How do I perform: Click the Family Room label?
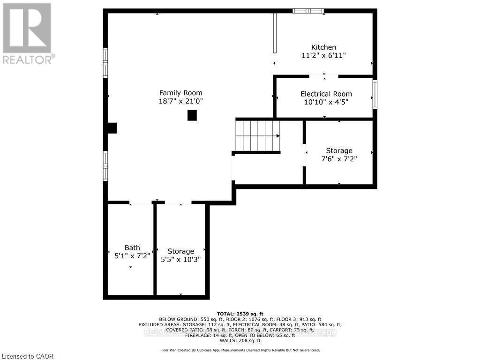[180, 93]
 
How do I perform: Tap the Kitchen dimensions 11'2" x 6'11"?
[324, 55]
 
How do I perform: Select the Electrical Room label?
[326, 94]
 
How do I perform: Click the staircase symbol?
[257, 135]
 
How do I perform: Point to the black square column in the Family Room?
[192, 115]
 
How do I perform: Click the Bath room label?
[132, 247]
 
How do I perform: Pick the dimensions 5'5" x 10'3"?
[181, 259]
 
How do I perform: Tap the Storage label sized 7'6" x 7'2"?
[339, 150]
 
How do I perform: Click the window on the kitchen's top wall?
[308, 11]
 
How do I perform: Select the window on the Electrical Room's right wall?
[375, 94]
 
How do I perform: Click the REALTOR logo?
[27, 33]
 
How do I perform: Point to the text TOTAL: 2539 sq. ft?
[240, 314]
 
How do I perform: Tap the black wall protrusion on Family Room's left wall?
[112, 128]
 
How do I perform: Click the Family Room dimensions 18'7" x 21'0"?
[180, 101]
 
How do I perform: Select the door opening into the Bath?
[141, 202]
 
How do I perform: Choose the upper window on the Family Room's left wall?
[105, 62]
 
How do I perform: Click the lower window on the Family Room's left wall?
[105, 165]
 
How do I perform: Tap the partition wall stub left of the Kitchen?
[275, 34]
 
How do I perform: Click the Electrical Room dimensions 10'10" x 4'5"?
[324, 102]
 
